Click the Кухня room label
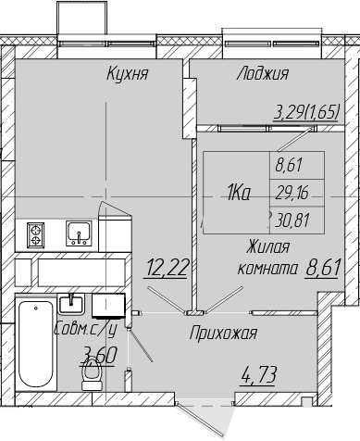coord(128,73)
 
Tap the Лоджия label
coord(263,73)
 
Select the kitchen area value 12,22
coord(167,268)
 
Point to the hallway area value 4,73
coord(258,374)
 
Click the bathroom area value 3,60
coord(98,355)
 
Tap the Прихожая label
coord(223,334)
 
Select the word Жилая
coord(267,247)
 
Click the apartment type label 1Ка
coord(239,193)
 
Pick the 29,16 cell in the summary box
coord(292,194)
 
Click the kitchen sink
coord(79,233)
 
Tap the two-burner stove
coord(35,235)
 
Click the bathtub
coord(36,342)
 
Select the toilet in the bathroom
coord(93,374)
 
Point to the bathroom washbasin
coord(71,304)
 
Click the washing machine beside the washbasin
coord(108,306)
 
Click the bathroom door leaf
coord(140,345)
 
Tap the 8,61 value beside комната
coord(323,268)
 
